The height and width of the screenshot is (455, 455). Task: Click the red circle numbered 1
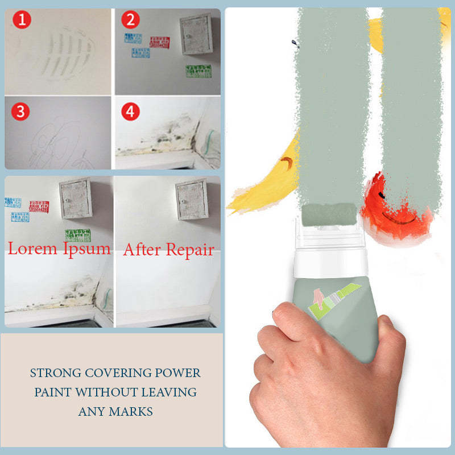click(x=22, y=22)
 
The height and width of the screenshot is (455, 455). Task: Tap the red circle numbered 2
click(x=131, y=20)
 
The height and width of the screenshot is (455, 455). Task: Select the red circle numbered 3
click(x=21, y=111)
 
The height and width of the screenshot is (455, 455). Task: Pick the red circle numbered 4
click(x=131, y=111)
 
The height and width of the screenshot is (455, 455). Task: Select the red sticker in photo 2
click(x=160, y=42)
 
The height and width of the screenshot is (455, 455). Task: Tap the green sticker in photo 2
click(x=198, y=71)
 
